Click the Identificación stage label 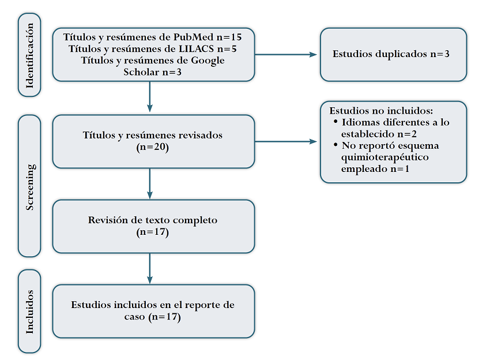click(30, 55)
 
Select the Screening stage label click(30, 186)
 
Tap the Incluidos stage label click(30, 311)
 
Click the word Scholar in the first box click(141, 72)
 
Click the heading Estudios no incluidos click(381, 111)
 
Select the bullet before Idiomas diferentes click(336, 122)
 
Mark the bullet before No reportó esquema click(336, 145)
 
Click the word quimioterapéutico click(380, 157)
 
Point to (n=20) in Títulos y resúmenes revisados click(153, 147)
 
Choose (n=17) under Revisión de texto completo click(153, 232)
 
